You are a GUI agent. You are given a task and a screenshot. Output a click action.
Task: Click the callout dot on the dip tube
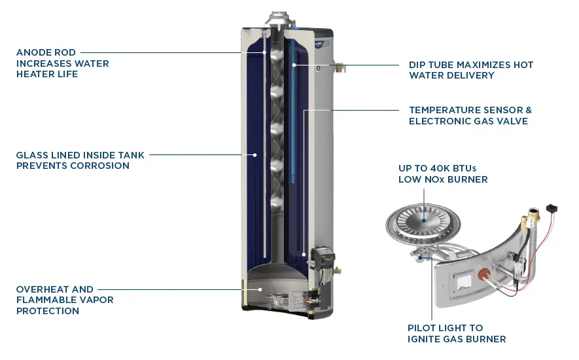(294, 65)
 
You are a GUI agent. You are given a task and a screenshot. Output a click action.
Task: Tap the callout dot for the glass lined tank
(256, 155)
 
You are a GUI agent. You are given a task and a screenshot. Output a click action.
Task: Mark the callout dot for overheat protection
(260, 288)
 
